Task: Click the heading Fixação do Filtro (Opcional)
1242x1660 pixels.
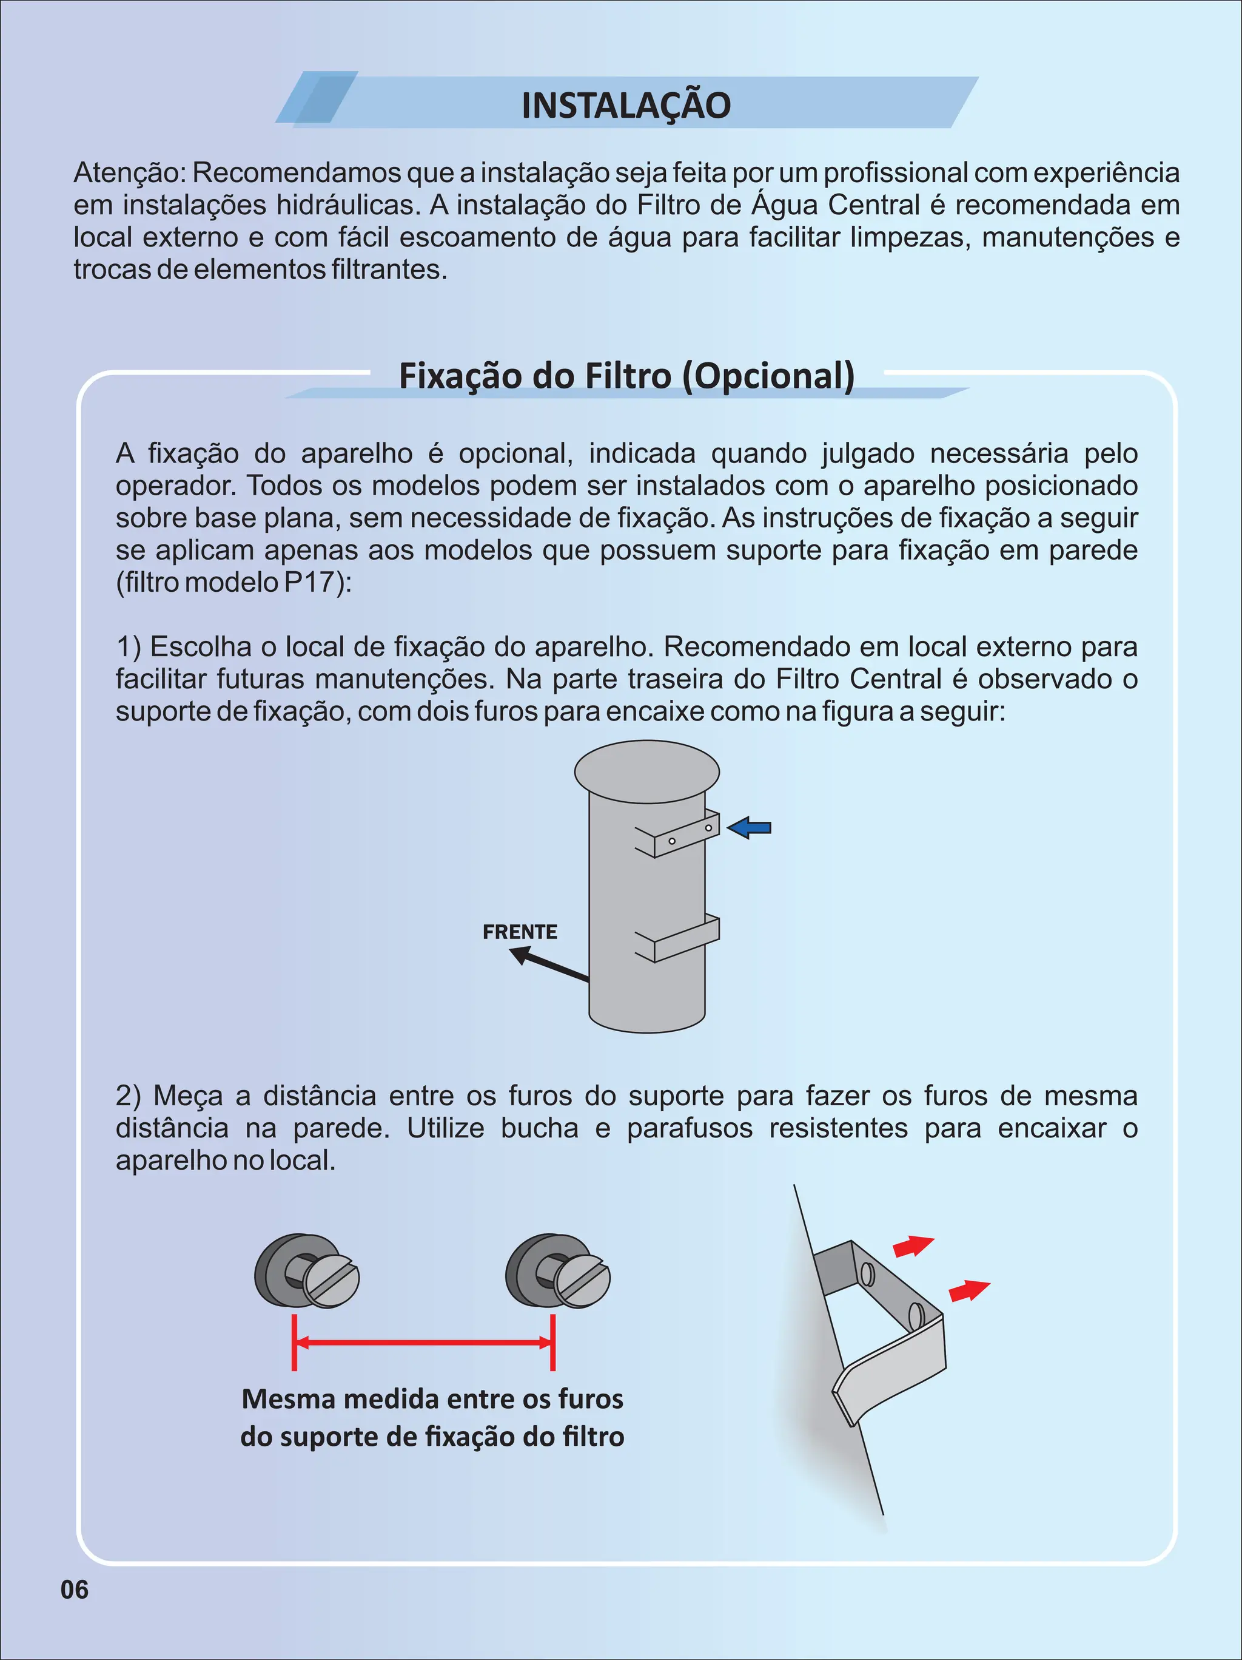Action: pos(626,375)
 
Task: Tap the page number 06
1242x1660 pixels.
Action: pos(74,1590)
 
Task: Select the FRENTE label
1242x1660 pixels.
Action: pos(520,932)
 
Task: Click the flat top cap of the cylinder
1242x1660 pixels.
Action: pos(646,771)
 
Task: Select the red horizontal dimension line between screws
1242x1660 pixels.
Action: pos(423,1343)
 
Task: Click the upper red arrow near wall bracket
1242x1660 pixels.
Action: pos(912,1247)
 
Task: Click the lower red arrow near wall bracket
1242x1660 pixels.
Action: pos(968,1291)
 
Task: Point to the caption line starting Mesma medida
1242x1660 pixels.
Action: pos(433,1399)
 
